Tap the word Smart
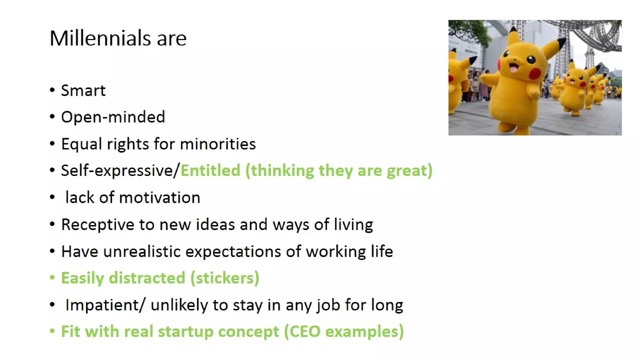tap(83, 91)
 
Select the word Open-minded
tap(113, 117)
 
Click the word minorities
tap(218, 144)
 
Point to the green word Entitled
tap(210, 171)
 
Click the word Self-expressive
tap(117, 171)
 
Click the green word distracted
tap(147, 278)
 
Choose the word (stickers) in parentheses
tap(225, 278)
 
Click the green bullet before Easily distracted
tap(52, 277)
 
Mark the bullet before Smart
tap(52, 90)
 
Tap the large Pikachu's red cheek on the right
tap(535, 74)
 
